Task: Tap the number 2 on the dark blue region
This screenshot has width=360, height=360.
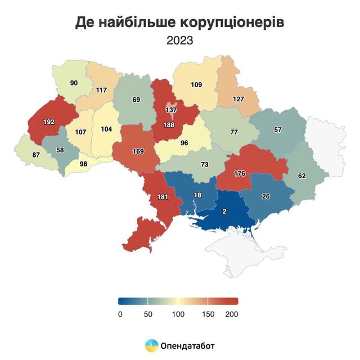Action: click(224, 211)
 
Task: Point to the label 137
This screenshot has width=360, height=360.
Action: click(172, 109)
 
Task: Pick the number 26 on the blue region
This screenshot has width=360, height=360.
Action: click(265, 196)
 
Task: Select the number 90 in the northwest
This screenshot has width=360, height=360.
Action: click(74, 83)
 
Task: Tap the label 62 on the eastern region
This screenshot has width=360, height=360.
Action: click(301, 175)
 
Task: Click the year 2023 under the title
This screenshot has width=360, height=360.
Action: click(179, 40)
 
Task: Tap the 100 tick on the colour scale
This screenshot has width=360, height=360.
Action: click(178, 314)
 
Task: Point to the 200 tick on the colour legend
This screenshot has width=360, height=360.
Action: click(232, 314)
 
